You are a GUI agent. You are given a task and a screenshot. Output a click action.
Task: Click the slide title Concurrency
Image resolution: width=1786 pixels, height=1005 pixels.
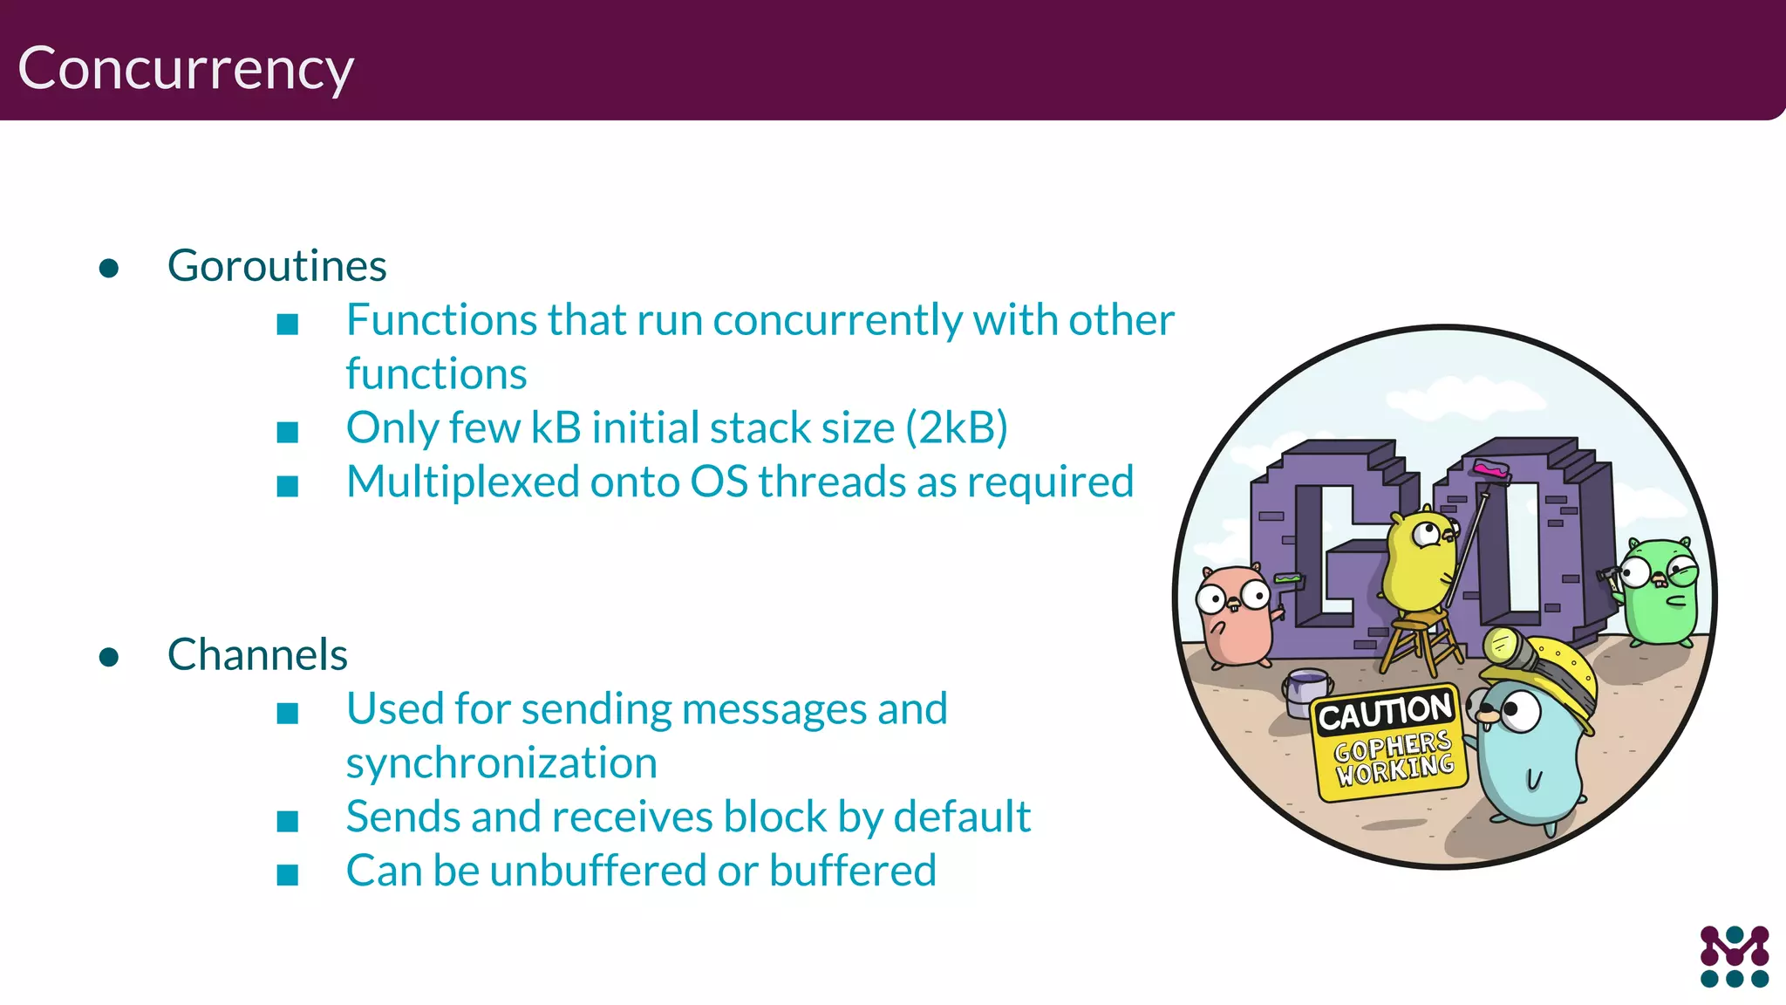(186, 69)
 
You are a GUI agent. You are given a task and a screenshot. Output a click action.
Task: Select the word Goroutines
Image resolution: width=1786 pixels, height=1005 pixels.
(276, 265)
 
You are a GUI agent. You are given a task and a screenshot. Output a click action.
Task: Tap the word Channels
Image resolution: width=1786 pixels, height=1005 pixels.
(257, 654)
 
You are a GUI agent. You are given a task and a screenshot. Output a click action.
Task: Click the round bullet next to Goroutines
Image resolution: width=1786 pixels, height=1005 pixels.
(109, 268)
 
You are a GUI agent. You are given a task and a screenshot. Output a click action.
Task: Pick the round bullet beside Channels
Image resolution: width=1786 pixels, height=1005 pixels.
(109, 657)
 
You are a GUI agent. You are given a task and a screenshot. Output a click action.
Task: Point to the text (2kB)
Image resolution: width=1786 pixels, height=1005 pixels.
(957, 428)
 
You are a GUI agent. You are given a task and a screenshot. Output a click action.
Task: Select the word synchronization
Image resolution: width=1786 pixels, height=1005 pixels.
(501, 763)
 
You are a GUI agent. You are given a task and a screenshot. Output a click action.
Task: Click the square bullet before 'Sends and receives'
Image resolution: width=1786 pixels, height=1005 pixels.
(288, 821)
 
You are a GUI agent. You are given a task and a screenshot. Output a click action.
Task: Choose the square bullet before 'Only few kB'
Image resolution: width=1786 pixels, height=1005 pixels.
(288, 432)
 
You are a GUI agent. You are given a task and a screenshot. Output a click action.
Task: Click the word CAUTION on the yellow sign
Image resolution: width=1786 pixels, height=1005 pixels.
(1385, 713)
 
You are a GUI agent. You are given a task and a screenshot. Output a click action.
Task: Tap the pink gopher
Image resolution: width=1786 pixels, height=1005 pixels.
(1234, 615)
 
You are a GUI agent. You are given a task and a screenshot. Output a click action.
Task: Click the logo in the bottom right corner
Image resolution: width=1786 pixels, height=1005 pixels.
(1734, 956)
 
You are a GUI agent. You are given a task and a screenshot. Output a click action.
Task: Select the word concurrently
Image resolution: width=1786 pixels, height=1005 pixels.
(837, 320)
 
